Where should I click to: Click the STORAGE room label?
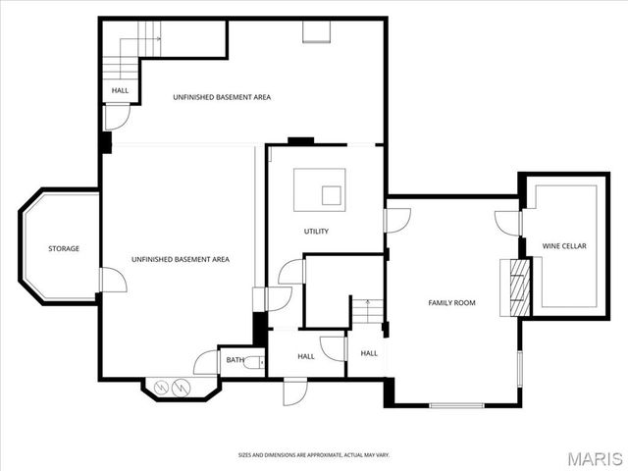[64, 248]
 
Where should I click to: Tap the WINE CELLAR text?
[564, 246]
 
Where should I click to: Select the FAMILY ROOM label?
[451, 303]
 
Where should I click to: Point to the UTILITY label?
[316, 232]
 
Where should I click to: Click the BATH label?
[235, 360]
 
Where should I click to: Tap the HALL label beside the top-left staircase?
[120, 90]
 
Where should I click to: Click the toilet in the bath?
[257, 362]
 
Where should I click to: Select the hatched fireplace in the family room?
[514, 288]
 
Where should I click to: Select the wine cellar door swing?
[507, 223]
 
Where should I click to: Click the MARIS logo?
[593, 457]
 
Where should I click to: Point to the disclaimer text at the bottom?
[314, 455]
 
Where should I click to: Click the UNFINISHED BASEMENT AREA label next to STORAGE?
[181, 259]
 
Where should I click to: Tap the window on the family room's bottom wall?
[456, 404]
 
